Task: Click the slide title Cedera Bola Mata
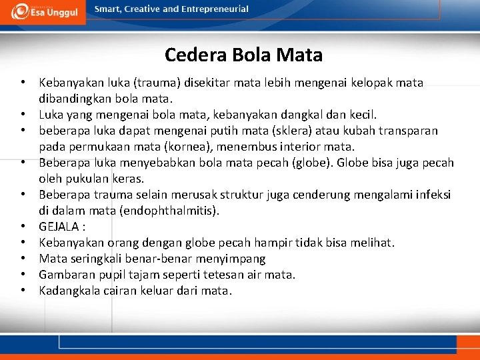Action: pyautogui.click(x=243, y=55)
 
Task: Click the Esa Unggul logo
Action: pyautogui.click(x=43, y=11)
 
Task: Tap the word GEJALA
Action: pyautogui.click(x=59, y=227)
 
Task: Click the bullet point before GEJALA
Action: pyautogui.click(x=23, y=227)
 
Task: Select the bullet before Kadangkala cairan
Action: pyautogui.click(x=23, y=291)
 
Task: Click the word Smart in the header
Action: pyautogui.click(x=107, y=9)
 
